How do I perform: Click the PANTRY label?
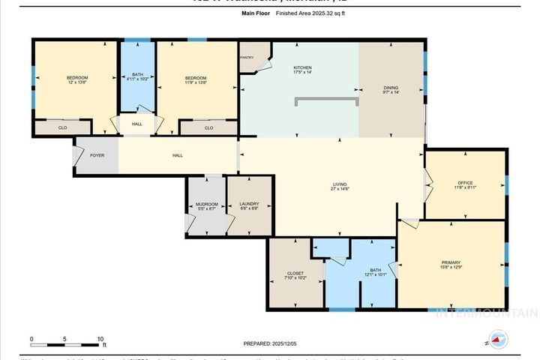point(247,57)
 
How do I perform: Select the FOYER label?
point(97,156)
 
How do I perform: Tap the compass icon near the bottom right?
point(497,339)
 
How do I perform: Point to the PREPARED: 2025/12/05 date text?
point(270,343)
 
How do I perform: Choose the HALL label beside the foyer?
point(178,156)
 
